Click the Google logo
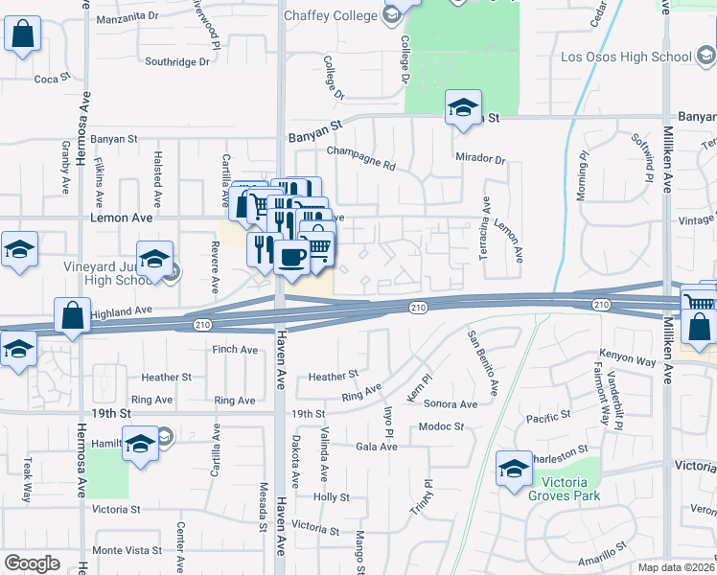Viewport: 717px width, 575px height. point(32,563)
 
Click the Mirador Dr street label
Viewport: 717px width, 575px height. point(479,158)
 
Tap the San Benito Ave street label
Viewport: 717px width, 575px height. point(482,362)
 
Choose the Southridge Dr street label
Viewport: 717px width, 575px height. point(176,62)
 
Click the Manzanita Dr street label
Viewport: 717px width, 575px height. point(127,16)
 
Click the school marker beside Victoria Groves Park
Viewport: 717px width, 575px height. point(514,469)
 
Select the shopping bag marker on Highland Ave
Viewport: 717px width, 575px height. point(73,315)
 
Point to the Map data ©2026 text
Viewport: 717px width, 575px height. point(677,567)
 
